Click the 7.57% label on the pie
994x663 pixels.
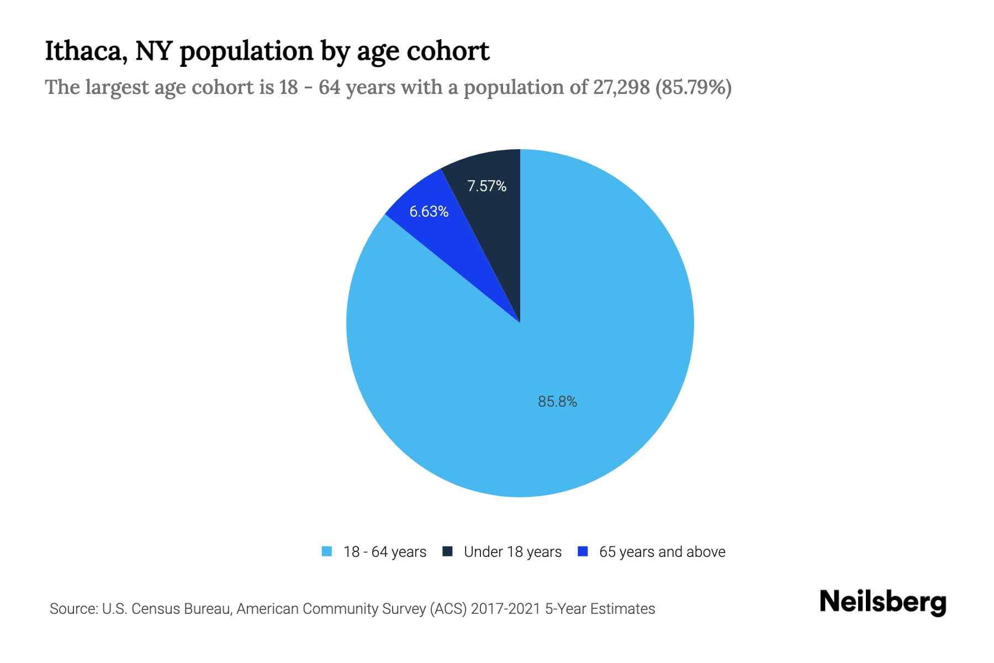click(487, 186)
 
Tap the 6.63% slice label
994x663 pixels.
click(429, 212)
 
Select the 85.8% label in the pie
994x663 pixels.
click(557, 402)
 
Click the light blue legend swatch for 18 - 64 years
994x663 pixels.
click(327, 551)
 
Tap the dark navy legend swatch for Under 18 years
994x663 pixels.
click(448, 551)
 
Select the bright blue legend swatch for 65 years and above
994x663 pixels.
click(583, 551)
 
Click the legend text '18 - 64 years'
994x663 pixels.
click(385, 552)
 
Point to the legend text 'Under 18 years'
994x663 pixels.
click(512, 552)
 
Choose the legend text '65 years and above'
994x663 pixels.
click(662, 552)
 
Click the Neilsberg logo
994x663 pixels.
click(882, 602)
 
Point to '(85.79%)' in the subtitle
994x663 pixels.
click(694, 87)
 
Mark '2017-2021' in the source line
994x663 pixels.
click(505, 609)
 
